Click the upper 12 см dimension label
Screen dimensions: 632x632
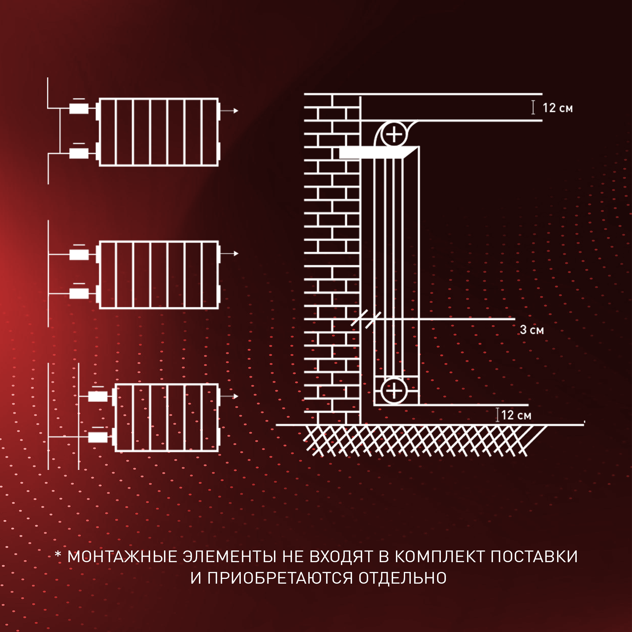pos(557,108)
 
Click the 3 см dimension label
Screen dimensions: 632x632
pos(532,330)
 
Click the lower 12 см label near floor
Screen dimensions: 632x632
pos(516,415)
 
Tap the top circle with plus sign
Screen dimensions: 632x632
pos(394,134)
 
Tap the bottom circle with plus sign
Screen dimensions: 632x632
pos(394,391)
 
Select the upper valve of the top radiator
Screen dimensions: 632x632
pos(79,109)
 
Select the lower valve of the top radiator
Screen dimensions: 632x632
pos(79,153)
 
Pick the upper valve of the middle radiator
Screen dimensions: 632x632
pos(79,254)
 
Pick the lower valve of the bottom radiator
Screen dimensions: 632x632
pos(98,437)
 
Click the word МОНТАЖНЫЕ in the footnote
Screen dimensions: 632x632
pos(122,556)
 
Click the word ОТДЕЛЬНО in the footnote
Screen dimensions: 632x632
pos(402,578)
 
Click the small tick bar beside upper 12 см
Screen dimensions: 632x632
pos(533,108)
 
